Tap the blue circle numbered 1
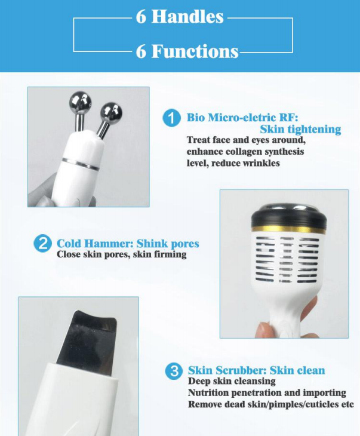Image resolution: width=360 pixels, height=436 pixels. [172, 118]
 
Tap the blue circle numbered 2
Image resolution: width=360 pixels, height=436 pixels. [42, 244]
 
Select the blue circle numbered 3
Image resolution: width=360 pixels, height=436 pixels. [174, 371]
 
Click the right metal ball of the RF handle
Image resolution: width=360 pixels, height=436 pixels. [110, 112]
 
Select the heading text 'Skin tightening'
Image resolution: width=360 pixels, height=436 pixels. [300, 129]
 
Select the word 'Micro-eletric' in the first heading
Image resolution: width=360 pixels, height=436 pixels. [242, 117]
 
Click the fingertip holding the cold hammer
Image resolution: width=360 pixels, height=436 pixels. [263, 330]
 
